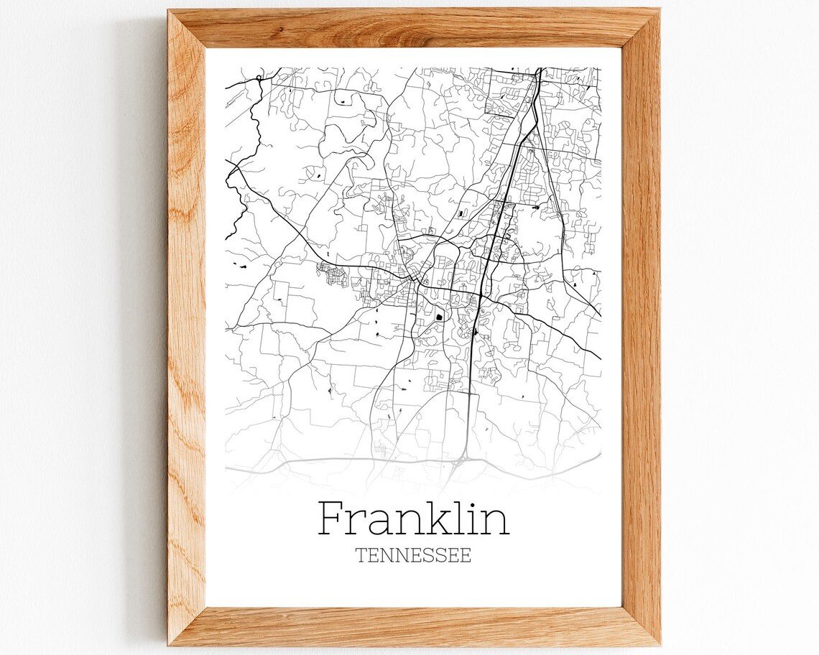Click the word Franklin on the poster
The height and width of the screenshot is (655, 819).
pos(413,519)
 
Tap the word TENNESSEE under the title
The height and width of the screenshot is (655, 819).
pos(413,555)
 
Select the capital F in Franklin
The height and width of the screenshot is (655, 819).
pos(331,519)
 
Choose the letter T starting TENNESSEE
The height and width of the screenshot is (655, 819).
pos(361,555)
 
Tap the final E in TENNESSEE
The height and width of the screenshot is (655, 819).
pos(466,555)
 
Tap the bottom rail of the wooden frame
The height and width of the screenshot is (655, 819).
pos(413,626)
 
